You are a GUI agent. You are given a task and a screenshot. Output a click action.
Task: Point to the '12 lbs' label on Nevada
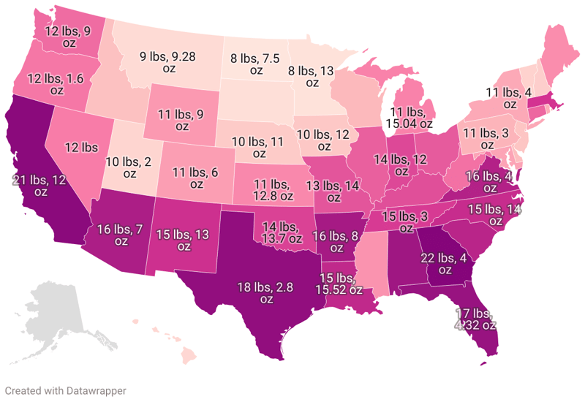[x=81, y=147]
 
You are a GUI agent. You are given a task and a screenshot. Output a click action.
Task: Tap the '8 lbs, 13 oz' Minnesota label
[x=313, y=76]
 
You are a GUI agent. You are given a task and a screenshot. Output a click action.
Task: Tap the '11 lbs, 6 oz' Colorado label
[x=195, y=178]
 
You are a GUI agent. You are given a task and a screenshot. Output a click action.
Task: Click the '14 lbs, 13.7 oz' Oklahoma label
[x=281, y=232]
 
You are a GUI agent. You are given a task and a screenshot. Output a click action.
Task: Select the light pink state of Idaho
[x=129, y=88]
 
